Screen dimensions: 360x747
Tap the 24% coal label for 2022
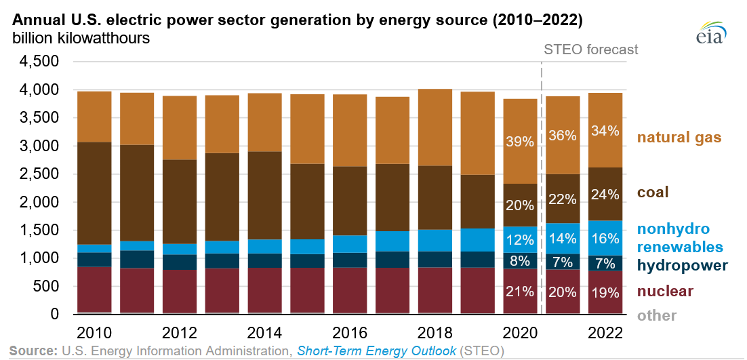(605, 195)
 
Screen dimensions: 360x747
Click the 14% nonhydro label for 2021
(563, 238)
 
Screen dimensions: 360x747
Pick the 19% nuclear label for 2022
(605, 294)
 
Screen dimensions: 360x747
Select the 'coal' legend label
(655, 193)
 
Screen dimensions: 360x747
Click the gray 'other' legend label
(656, 315)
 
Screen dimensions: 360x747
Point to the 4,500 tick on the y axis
(41, 62)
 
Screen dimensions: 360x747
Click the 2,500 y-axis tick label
(41, 174)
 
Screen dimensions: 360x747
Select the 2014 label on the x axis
(264, 334)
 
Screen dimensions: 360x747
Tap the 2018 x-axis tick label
(434, 334)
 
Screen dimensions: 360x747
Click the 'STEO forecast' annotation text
(591, 49)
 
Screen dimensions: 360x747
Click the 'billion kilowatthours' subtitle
(81, 39)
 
